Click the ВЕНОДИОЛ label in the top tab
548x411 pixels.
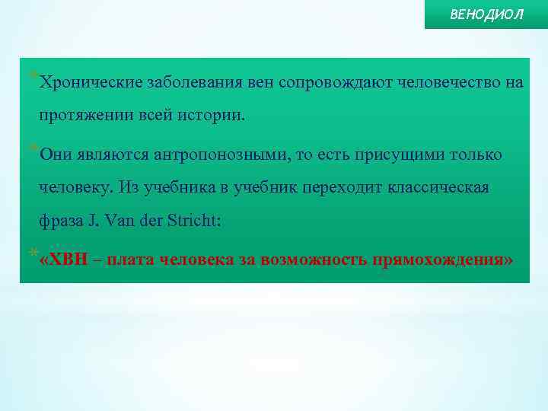pos(487,15)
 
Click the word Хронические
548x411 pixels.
pos(88,82)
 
